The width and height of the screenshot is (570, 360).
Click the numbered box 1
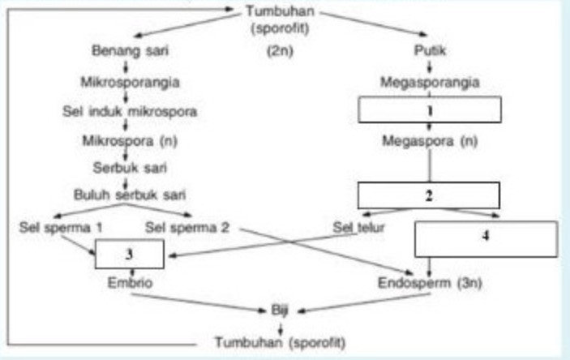click(x=429, y=109)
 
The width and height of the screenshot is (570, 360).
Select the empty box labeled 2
click(x=429, y=195)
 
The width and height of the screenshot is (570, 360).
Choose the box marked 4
click(x=486, y=238)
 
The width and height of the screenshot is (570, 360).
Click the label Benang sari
click(x=123, y=52)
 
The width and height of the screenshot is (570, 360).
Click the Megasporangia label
click(x=429, y=81)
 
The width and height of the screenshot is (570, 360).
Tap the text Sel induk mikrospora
click(x=123, y=109)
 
